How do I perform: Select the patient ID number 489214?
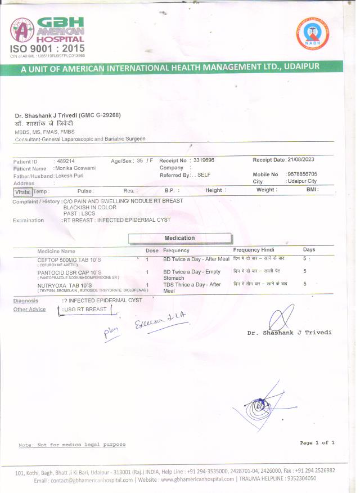coord(64,162)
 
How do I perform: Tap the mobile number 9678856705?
coord(301,174)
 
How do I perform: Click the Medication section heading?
coord(179,238)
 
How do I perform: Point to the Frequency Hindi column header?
coord(254,250)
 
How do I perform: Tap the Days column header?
coord(309,250)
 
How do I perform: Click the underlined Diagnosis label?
coord(26,301)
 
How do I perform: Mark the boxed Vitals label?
coord(22,191)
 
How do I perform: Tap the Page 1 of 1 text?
coord(317,443)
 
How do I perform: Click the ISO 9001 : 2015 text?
coord(48,49)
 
